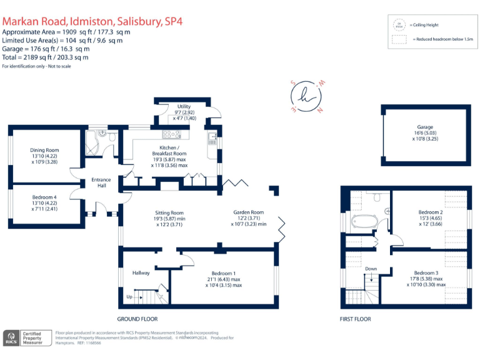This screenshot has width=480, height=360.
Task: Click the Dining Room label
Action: coord(44,150)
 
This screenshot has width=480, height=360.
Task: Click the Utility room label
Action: coord(184,107)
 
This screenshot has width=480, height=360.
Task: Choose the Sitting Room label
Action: coord(169,212)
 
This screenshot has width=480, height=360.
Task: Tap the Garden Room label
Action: coord(249,212)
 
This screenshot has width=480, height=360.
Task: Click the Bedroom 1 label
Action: coord(223,273)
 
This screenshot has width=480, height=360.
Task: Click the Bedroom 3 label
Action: coord(427,273)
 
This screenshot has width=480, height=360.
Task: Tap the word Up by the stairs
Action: coord(129,297)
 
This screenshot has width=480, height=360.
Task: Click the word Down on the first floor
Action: coord(371,269)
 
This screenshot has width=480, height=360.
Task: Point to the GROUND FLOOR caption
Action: coord(136,319)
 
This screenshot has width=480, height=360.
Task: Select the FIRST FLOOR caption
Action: coord(356,319)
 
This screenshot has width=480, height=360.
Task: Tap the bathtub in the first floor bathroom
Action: coord(362,221)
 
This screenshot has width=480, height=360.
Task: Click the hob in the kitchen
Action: coord(171,134)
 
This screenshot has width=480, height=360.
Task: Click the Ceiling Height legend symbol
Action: coord(397,25)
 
